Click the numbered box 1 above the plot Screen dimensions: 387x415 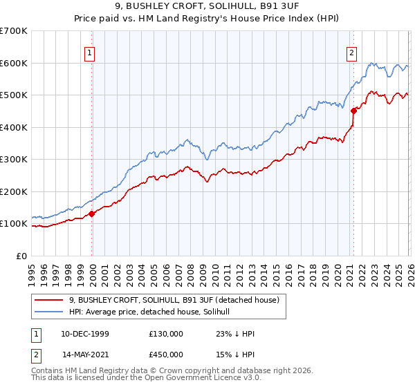click(91, 51)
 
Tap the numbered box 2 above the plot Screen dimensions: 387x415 click(352, 51)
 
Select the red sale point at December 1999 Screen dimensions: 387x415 click(92, 214)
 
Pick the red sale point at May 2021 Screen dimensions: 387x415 click(353, 111)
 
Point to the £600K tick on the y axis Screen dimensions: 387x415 click(14, 63)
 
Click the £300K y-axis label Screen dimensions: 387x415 click(14, 160)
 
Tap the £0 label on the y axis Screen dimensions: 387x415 click(21, 256)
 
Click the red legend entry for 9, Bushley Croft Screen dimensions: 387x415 click(173, 300)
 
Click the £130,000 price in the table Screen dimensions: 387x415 click(166, 334)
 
